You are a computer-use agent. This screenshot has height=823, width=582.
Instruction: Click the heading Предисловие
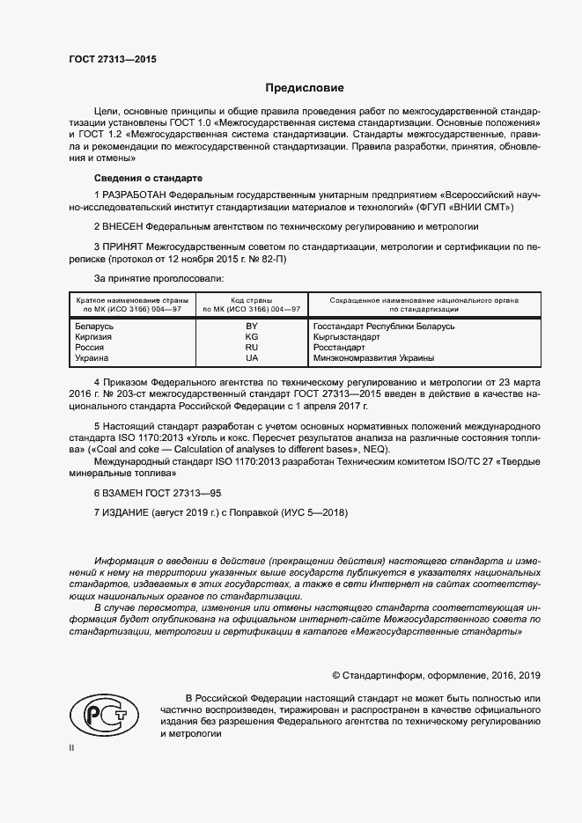coord(306,88)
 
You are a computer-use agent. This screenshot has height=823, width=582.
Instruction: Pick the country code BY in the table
coord(252,327)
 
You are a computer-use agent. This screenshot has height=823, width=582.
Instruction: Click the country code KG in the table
coord(252,337)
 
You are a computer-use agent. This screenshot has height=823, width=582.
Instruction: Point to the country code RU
coord(252,348)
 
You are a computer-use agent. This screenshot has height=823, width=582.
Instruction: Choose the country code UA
coord(252,358)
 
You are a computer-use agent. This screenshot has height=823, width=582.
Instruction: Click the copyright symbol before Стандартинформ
coord(336,675)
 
